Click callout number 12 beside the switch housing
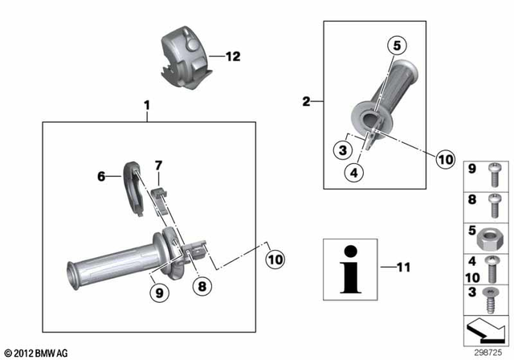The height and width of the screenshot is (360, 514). tap(233, 57)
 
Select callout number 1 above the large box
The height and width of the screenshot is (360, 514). tap(147, 105)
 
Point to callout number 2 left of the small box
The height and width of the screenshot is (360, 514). tap(306, 101)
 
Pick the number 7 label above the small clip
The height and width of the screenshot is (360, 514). tap(159, 166)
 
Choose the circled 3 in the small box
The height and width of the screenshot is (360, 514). tap(344, 149)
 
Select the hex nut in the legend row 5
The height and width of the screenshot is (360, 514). tap(493, 235)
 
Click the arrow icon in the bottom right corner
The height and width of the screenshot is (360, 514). tap(488, 329)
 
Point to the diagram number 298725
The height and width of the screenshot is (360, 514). tap(488, 353)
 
